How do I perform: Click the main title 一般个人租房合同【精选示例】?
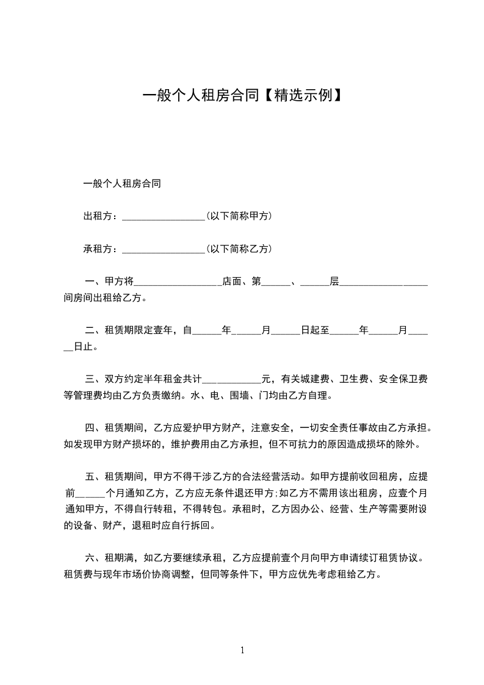pos(242,95)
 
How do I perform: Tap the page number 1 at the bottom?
pos(242,650)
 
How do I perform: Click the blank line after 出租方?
pos(163,217)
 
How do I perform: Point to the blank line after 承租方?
pos(163,250)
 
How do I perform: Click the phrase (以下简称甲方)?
pos(239,216)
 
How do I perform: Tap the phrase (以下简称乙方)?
pos(239,249)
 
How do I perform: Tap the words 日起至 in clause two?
pos(315,331)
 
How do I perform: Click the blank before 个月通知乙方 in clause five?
pos(90,493)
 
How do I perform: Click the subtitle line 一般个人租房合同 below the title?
pos(122,183)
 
